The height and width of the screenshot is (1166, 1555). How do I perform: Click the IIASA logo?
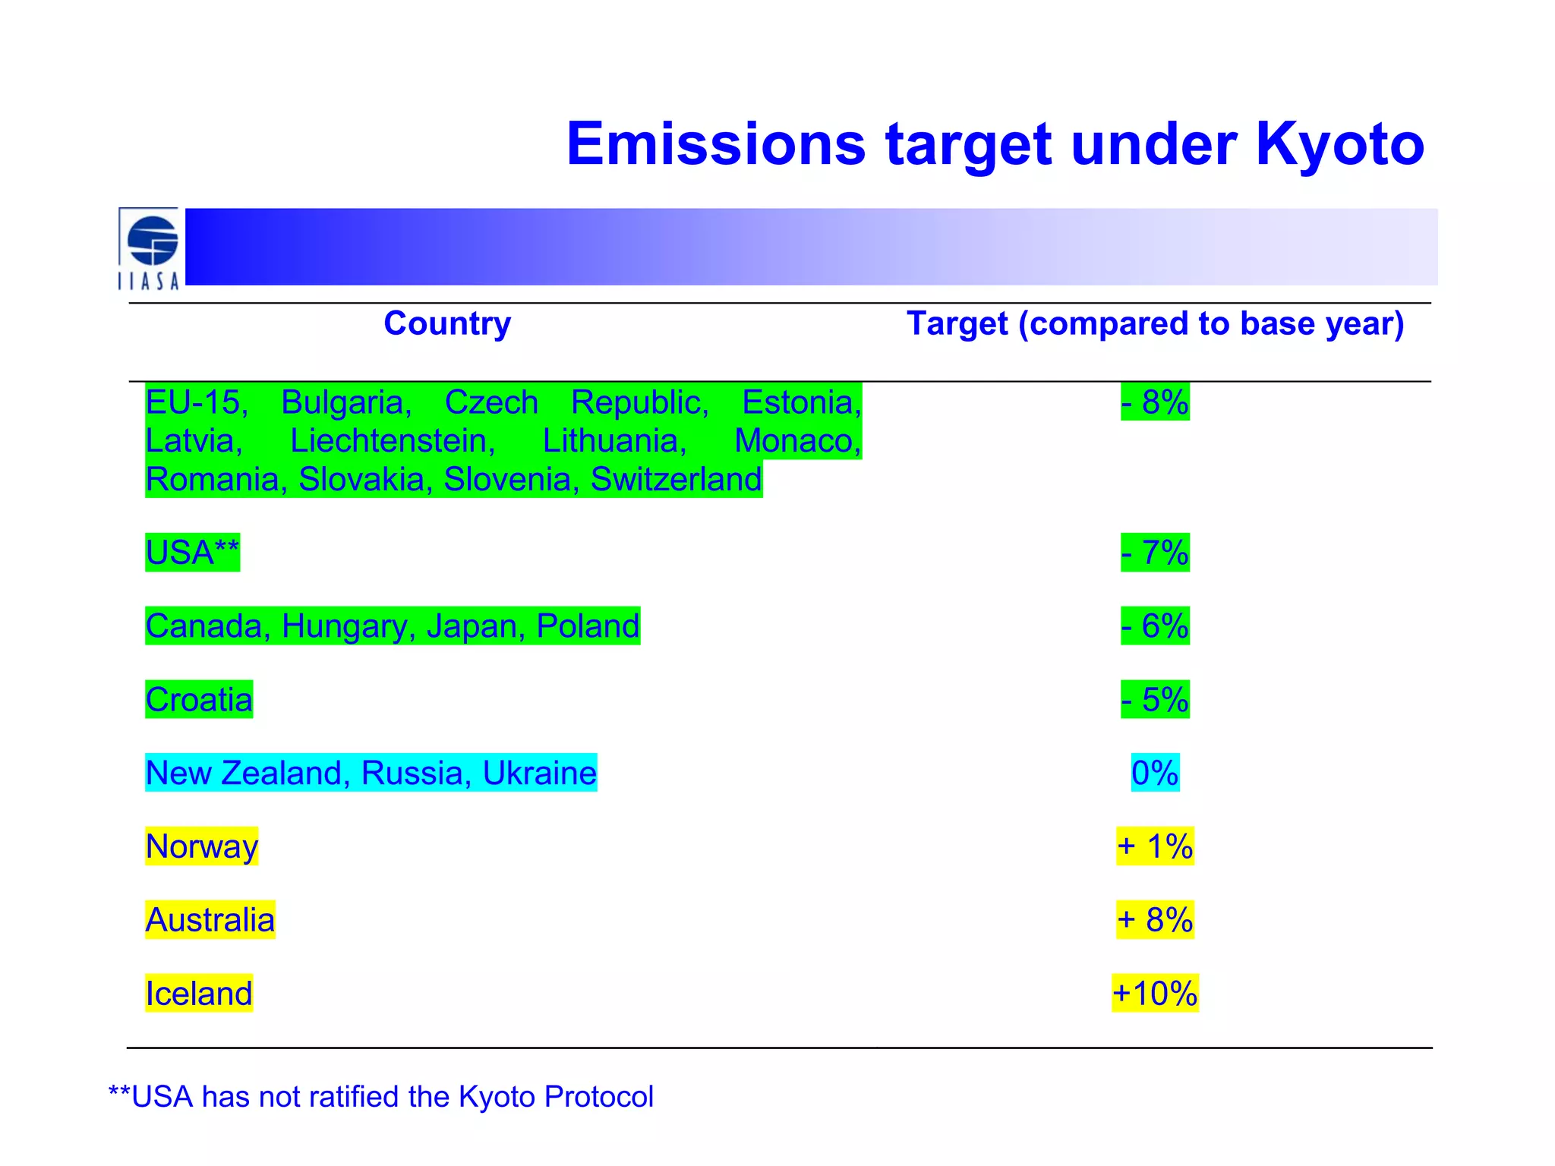(150, 249)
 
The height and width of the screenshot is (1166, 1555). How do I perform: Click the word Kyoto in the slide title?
(1339, 144)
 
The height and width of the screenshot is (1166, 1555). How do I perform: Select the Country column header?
(447, 323)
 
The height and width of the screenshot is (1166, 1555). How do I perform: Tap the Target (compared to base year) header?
(1155, 324)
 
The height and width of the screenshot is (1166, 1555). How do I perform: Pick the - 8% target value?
(1155, 402)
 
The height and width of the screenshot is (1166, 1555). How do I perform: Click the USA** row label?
(192, 552)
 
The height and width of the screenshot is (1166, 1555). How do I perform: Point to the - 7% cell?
(1155, 552)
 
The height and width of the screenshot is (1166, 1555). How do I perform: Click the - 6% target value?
(1155, 626)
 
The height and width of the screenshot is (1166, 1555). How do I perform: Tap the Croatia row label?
(199, 699)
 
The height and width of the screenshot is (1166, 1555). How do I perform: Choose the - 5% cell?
(1155, 699)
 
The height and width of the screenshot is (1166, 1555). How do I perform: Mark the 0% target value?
(1155, 773)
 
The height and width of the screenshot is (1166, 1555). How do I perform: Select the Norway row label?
(202, 846)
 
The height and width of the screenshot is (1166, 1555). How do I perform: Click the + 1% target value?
(1155, 846)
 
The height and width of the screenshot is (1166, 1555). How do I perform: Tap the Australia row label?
(210, 920)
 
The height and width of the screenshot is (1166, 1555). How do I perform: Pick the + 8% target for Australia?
(1155, 920)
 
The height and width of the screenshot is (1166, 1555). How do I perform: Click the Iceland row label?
(199, 994)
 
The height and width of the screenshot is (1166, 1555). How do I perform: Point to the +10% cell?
(1155, 994)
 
